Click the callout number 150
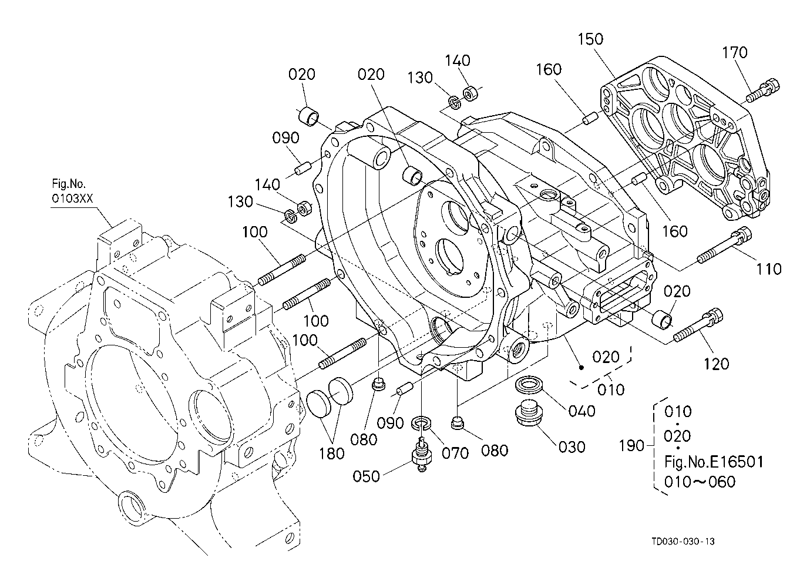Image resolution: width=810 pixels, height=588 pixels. pos(590,39)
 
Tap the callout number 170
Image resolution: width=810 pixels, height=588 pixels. pos(735,53)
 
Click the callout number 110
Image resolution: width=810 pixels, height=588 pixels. pos(768,269)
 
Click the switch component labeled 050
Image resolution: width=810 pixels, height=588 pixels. pos(422,454)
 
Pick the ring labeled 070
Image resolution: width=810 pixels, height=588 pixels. pos(422,423)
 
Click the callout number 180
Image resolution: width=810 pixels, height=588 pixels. pos(332,453)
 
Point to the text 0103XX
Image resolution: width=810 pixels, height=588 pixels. pos(72,199)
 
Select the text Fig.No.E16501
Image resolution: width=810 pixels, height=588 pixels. pos(714,462)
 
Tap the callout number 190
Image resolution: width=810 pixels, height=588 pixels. pos(631,446)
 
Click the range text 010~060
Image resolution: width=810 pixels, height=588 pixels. pos(700,482)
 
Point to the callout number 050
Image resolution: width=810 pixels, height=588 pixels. pos(367,476)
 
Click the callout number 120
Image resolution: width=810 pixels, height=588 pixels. pos(717,364)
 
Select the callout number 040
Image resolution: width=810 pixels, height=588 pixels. pos(582,411)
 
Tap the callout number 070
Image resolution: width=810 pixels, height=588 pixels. pos(455,453)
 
